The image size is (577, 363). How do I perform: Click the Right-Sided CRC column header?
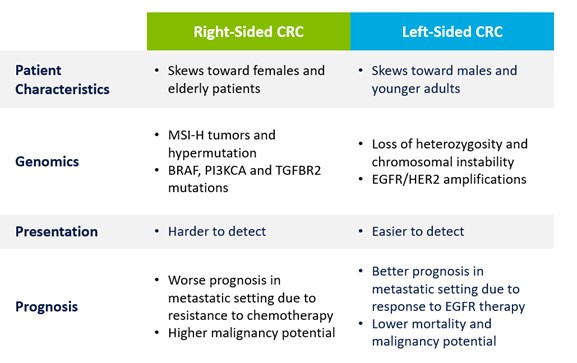coord(248,31)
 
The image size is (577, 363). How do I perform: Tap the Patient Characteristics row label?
coord(63,79)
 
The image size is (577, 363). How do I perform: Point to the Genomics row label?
coord(48,160)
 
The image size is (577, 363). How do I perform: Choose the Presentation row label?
coord(56,232)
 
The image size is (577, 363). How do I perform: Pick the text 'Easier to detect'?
coord(418,232)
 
